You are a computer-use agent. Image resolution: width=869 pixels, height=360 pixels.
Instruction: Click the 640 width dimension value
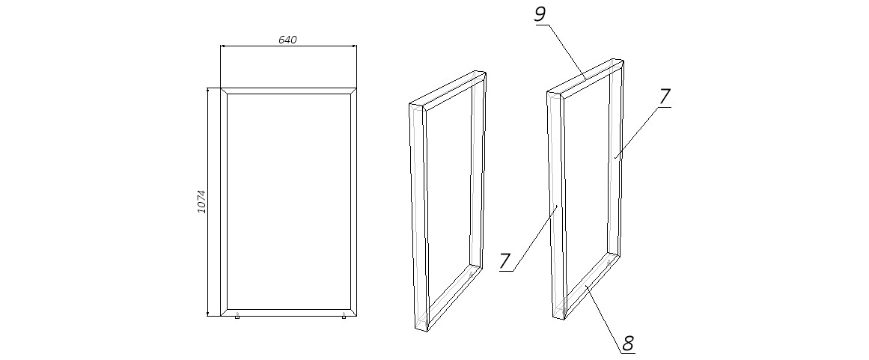[x=288, y=40]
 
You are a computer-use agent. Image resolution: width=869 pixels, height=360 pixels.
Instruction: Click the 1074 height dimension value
[x=201, y=202]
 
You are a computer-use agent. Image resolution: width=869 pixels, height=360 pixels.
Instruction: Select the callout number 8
[x=628, y=343]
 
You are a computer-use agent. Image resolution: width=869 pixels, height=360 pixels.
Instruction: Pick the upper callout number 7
[x=664, y=97]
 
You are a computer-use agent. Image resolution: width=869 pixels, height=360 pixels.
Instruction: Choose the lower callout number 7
[x=505, y=261]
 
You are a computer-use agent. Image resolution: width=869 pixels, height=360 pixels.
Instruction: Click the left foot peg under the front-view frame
[x=237, y=317]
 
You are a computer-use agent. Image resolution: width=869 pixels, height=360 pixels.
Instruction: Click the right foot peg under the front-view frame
[x=344, y=317]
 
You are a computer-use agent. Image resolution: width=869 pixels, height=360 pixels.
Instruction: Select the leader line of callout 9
[x=567, y=50]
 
